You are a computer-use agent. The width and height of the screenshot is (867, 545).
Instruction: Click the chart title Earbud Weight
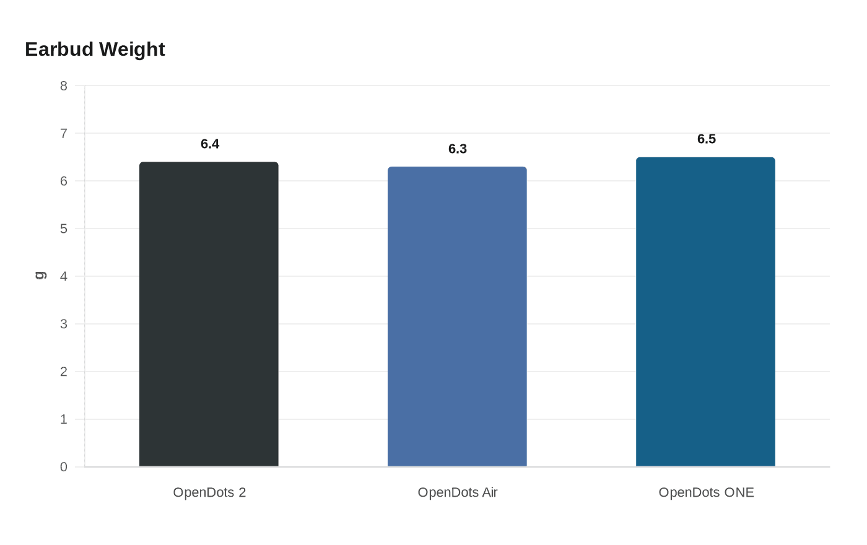[95, 50]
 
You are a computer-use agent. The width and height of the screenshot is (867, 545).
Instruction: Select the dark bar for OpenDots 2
[209, 315]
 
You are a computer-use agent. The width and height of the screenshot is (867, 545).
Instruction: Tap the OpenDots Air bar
[457, 316]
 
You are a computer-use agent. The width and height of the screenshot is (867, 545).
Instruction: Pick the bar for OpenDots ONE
[705, 312]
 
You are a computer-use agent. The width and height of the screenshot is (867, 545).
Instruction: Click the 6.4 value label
[210, 144]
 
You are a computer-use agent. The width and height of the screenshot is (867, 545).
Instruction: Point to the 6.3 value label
[458, 149]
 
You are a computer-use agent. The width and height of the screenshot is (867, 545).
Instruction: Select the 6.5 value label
[707, 139]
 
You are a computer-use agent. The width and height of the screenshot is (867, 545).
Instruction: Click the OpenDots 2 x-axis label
[209, 492]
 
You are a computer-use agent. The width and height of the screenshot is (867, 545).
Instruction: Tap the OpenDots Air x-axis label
[458, 492]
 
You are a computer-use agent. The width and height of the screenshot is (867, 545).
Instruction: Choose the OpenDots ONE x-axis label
[707, 492]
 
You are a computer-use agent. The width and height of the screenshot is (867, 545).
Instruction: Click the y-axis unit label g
[41, 275]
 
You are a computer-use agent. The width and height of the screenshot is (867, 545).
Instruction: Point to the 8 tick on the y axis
[63, 86]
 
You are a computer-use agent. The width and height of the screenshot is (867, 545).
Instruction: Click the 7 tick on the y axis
[63, 134]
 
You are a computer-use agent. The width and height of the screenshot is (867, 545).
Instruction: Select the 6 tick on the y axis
[63, 181]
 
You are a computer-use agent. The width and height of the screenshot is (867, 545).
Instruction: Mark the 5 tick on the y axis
[63, 229]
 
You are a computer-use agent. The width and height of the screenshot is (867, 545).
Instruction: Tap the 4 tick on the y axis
[63, 276]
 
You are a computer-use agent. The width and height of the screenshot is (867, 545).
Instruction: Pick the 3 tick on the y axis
[63, 324]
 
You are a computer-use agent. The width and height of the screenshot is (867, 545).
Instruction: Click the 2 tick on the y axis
[63, 372]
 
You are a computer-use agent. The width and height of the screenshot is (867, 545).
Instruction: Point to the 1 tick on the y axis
[63, 419]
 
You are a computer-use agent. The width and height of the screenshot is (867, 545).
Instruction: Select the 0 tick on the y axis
[63, 467]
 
